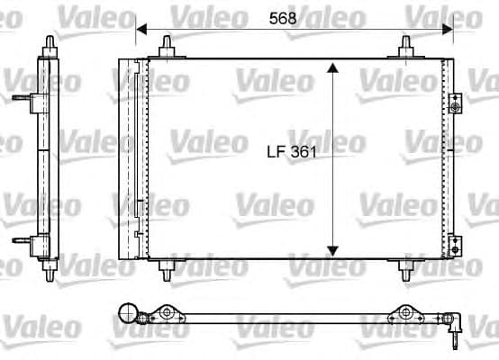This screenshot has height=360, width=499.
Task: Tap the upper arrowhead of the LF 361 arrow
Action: (x=332, y=69)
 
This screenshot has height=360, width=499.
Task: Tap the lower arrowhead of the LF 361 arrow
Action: (x=332, y=249)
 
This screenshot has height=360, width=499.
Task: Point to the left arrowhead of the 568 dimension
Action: (x=141, y=30)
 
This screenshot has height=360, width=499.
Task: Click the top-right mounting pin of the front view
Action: (x=406, y=48)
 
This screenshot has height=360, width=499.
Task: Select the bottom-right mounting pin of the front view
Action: (x=406, y=267)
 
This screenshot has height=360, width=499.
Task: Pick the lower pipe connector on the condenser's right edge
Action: (x=455, y=244)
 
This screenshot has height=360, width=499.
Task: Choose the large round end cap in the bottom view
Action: (x=129, y=314)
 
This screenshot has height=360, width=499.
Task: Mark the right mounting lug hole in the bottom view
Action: (x=406, y=314)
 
